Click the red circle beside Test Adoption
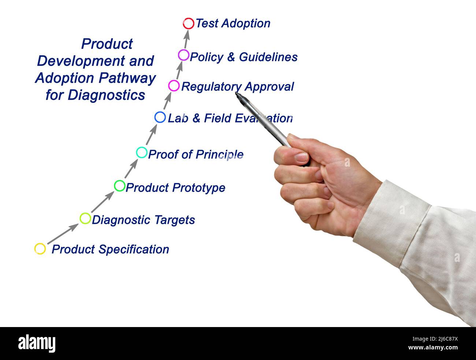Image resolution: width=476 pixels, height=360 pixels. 188,23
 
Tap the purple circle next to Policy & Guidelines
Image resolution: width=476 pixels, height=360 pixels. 183,55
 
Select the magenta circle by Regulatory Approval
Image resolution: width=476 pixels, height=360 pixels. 174,86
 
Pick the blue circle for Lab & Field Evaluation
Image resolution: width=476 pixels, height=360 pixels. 160,117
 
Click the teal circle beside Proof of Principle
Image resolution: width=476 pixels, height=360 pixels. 142,152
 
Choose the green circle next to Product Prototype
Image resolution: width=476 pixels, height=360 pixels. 120,186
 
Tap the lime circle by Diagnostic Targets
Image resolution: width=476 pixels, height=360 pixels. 85,218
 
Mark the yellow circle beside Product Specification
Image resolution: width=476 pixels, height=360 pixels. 40,249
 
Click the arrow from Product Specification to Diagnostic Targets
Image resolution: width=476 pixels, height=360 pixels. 63,234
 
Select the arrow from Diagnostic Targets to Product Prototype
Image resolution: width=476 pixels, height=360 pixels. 103,202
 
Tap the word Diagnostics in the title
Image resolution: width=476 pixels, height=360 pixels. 107,95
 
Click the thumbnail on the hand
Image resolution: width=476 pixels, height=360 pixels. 301,157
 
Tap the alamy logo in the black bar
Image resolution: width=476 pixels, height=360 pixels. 37,344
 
